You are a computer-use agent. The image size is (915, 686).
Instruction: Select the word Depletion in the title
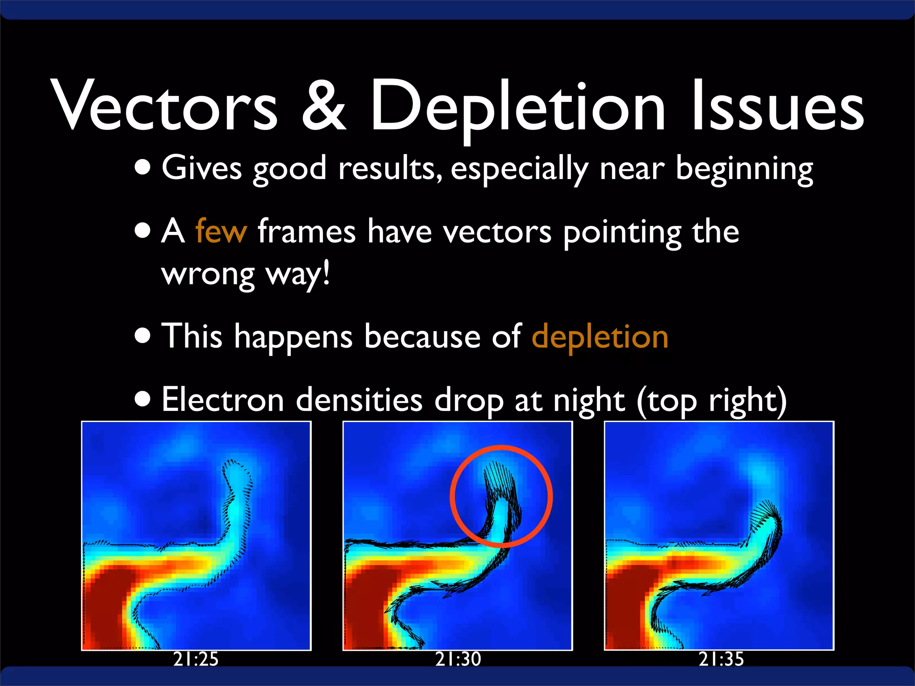coord(518,107)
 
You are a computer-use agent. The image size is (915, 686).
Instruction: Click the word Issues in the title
coord(777,107)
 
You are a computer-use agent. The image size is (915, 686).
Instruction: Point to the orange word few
coord(221,231)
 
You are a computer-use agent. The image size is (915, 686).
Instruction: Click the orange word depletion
coord(600,337)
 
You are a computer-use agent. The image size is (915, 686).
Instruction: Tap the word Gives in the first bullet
coord(201,168)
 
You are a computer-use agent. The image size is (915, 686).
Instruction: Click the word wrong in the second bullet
coord(208,274)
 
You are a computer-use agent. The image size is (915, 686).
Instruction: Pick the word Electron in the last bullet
coord(222,400)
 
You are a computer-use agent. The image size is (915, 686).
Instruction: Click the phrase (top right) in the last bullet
coord(711,401)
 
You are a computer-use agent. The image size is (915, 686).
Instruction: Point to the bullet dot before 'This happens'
coord(143,336)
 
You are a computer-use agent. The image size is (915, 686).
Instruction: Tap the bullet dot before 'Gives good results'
coord(143,168)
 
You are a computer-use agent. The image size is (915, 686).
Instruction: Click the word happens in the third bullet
coord(294,338)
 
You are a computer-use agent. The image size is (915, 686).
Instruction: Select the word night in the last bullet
coord(588,401)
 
